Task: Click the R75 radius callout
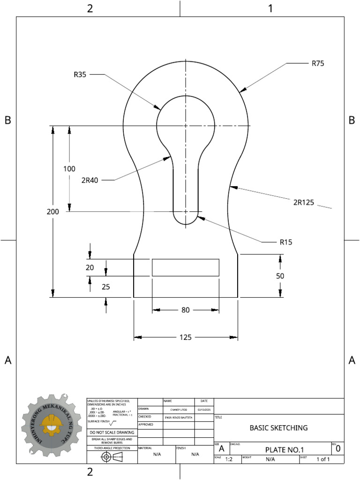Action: (x=318, y=63)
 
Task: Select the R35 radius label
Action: (x=80, y=74)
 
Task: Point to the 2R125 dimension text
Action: (x=303, y=202)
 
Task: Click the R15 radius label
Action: (x=286, y=242)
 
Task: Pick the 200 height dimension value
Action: (x=53, y=211)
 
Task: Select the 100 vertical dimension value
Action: (x=69, y=169)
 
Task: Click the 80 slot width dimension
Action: (x=186, y=310)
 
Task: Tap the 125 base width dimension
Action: (x=186, y=337)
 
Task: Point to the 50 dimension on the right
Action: (x=280, y=276)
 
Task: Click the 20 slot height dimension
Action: (x=90, y=268)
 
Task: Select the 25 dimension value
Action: (x=106, y=287)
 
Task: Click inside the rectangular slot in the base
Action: (x=186, y=267)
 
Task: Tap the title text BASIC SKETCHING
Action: (x=278, y=427)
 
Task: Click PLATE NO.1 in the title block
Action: (x=285, y=450)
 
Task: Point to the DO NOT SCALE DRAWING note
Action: (x=112, y=432)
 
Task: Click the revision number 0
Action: (x=338, y=449)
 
